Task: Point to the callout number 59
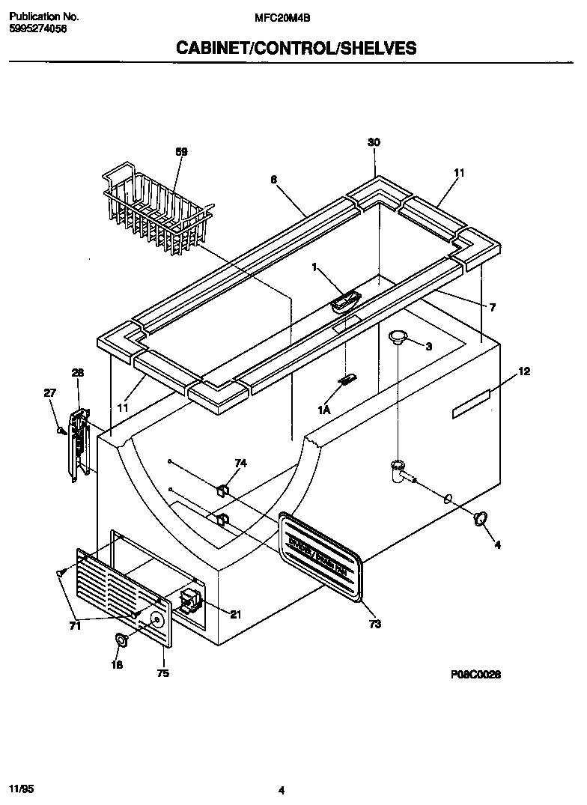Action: (x=181, y=152)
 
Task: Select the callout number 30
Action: (x=374, y=142)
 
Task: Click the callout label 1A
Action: (x=324, y=410)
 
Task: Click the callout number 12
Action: (x=523, y=371)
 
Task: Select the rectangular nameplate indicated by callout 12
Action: (x=470, y=404)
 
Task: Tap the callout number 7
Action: (x=492, y=307)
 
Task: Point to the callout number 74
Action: (x=240, y=464)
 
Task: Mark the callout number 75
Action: (x=162, y=673)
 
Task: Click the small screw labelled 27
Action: (x=61, y=431)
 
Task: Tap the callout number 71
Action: (x=75, y=626)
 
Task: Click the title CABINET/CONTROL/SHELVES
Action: (x=296, y=49)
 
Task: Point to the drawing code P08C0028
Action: (x=475, y=674)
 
